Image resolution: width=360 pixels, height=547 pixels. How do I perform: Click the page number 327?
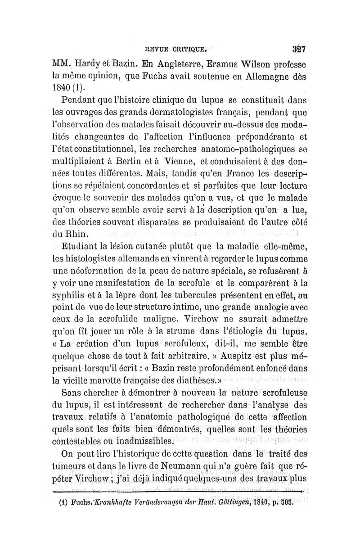[x=298, y=48]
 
